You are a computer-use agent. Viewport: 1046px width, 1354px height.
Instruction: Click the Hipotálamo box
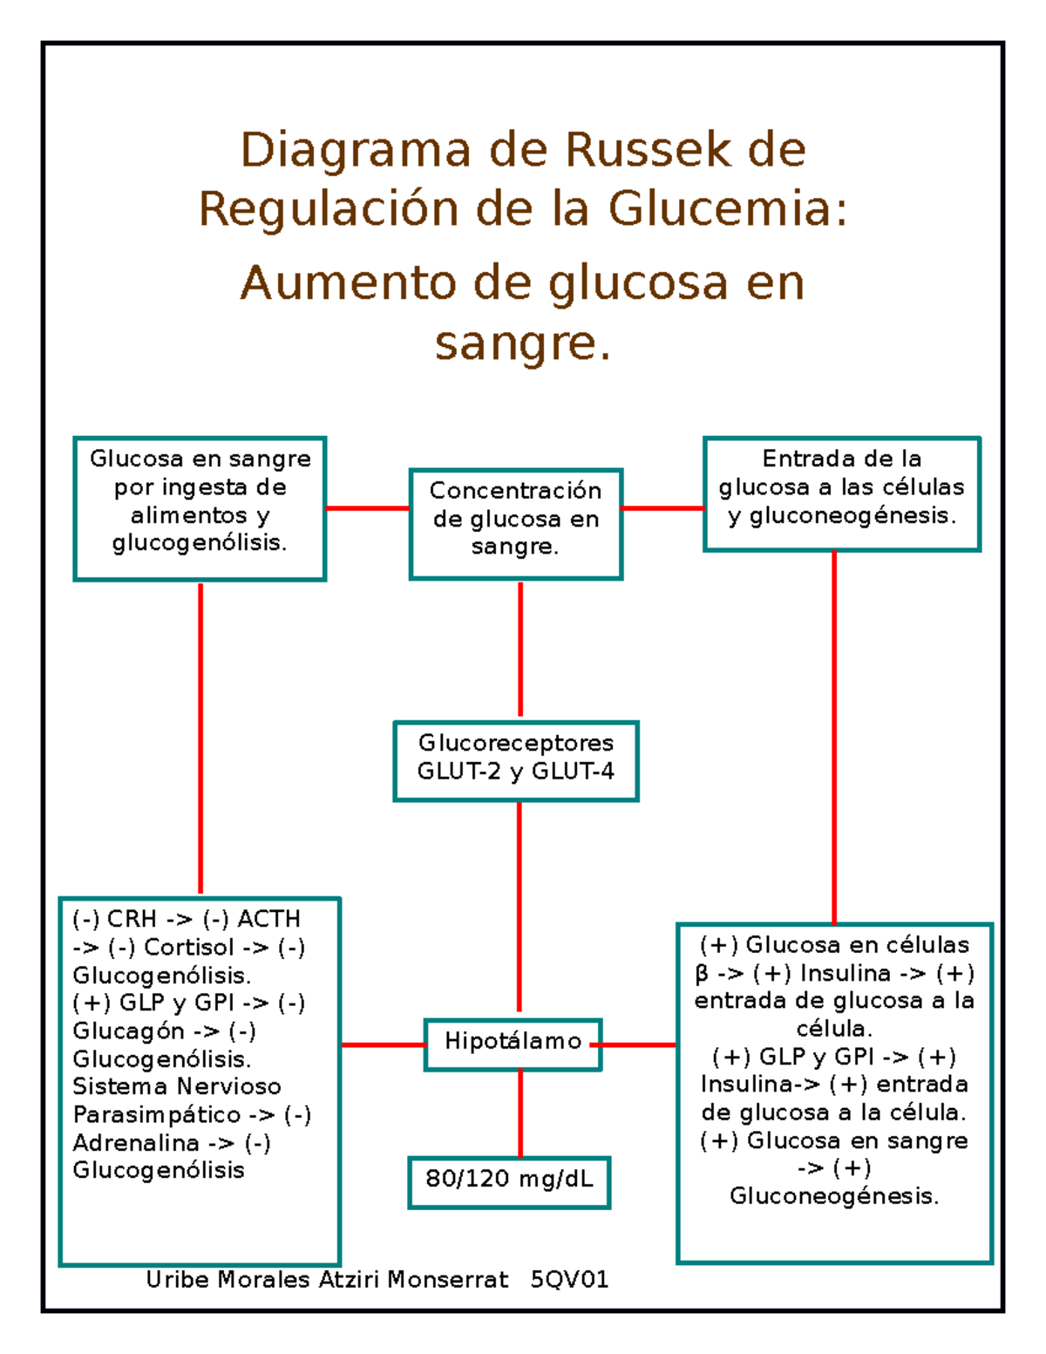(513, 1044)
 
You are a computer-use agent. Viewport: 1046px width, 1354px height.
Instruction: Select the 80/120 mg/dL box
(509, 1182)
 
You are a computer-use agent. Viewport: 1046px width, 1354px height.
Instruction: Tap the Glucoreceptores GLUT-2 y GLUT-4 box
(515, 760)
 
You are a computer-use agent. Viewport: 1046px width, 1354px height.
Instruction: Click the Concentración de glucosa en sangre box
(515, 523)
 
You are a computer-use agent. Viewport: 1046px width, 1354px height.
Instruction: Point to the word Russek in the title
(648, 150)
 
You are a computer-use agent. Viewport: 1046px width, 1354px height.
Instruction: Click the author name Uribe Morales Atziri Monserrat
(327, 1280)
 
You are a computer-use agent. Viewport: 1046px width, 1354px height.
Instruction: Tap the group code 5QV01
(569, 1280)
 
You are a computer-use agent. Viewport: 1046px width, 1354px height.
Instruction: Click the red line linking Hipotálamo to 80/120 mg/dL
(520, 1113)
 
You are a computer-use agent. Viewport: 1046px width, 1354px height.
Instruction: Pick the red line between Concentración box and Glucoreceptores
(520, 650)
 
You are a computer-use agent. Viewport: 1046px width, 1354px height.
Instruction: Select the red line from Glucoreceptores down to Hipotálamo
(520, 907)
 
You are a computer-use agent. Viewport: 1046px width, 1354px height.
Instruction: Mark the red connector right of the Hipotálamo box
(639, 1044)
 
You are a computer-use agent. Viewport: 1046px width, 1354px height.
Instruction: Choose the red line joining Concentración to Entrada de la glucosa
(662, 507)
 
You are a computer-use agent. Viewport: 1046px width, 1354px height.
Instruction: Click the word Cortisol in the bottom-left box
(189, 948)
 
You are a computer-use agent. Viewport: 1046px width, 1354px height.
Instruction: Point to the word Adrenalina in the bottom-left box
(136, 1143)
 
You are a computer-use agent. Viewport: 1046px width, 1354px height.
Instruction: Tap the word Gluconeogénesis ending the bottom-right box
(832, 1196)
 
